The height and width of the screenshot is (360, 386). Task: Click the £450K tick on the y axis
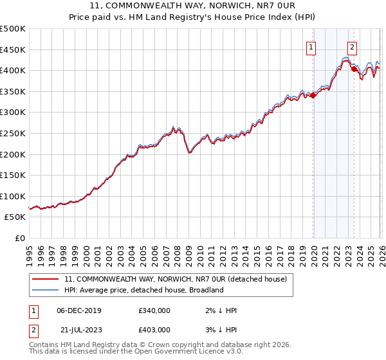13,50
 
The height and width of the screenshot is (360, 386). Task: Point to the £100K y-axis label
13,196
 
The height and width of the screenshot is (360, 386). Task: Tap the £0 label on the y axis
19,239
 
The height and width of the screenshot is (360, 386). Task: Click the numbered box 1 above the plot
311,46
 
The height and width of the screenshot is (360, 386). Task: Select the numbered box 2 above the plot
353,46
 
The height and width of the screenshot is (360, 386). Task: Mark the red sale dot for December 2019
313,95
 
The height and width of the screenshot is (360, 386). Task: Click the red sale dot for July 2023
354,69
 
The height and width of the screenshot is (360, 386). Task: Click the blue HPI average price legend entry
143,290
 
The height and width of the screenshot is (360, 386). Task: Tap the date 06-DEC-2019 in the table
79,310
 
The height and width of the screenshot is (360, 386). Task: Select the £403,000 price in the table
154,330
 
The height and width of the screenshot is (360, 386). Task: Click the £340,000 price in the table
154,310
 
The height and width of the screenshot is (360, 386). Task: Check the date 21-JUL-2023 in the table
78,330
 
